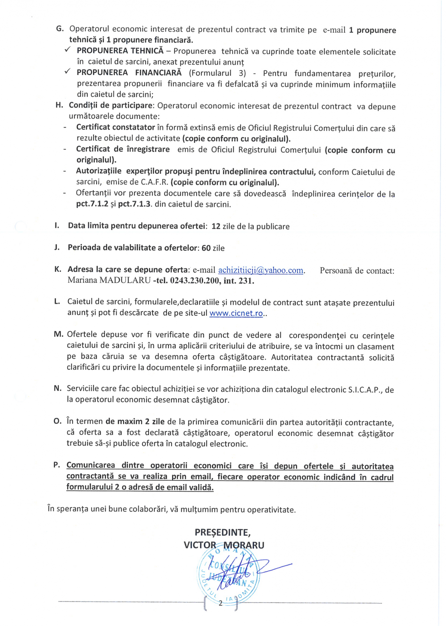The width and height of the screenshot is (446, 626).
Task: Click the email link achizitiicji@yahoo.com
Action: click(261, 270)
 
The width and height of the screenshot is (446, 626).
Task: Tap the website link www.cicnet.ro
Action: click(236, 313)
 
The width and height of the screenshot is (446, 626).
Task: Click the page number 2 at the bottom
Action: click(220, 603)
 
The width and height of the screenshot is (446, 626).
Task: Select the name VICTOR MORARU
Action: click(224, 545)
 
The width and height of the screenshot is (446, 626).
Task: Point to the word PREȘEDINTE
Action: click(223, 532)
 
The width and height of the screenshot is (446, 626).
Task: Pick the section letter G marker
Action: click(59, 29)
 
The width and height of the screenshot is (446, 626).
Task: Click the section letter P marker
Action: click(56, 465)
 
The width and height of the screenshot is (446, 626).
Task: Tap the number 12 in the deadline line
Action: click(216, 226)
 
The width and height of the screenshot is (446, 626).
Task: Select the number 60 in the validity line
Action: click(206, 248)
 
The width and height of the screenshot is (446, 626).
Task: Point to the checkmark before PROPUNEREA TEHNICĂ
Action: click(68, 50)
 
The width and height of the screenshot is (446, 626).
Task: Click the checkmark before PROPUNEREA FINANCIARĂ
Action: click(68, 72)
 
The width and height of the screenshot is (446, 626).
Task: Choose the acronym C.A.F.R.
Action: click(155, 182)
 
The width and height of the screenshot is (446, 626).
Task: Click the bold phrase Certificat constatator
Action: click(115, 127)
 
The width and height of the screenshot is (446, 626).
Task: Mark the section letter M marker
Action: click(58, 334)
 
